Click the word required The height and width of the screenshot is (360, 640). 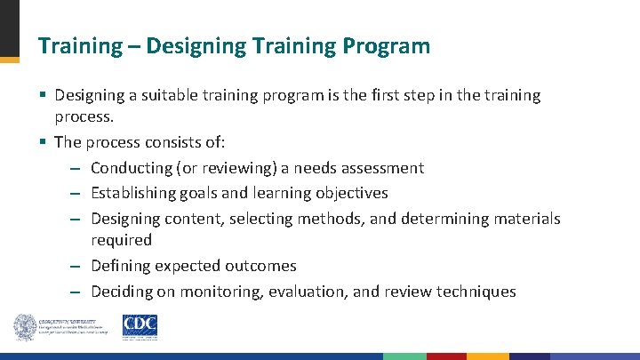(121, 240)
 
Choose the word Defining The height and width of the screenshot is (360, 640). (120, 266)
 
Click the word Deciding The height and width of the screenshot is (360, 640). (121, 292)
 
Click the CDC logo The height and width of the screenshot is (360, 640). (139, 326)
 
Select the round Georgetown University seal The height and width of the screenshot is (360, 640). (24, 327)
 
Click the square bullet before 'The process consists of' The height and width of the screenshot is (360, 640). (43, 142)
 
